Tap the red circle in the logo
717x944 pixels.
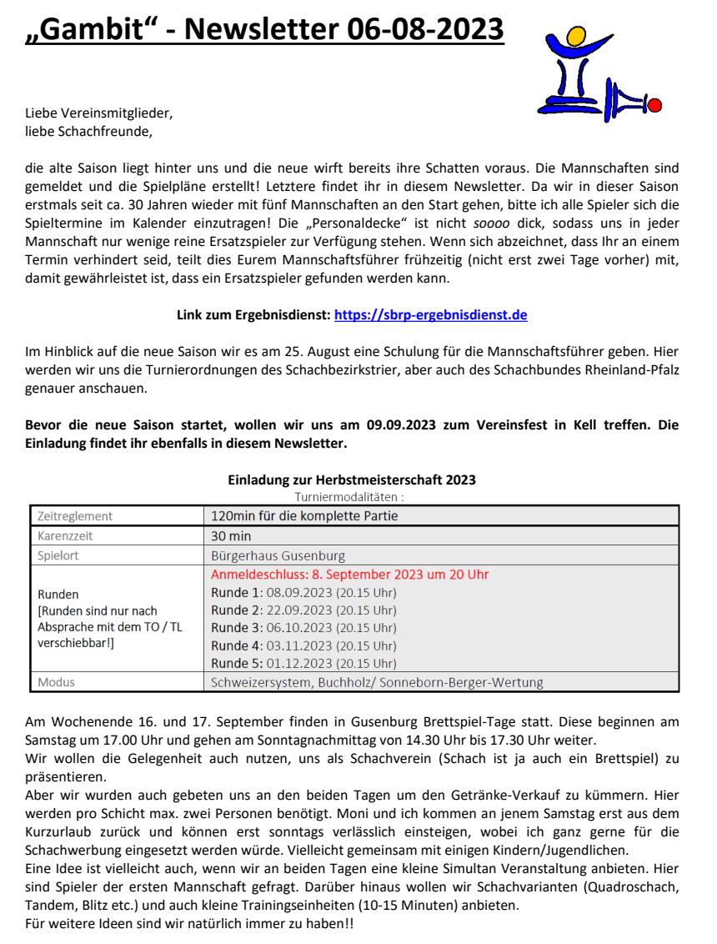pyautogui.click(x=654, y=105)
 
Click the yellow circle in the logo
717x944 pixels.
pyautogui.click(x=576, y=36)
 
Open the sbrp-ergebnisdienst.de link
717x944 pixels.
pyautogui.click(x=430, y=315)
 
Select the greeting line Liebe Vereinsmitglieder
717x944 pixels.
pyautogui.click(x=98, y=113)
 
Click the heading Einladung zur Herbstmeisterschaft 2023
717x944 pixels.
pyautogui.click(x=352, y=480)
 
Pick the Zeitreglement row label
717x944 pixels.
pyautogui.click(x=75, y=516)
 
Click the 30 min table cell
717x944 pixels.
pyautogui.click(x=231, y=536)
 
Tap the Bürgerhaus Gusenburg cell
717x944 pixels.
pyautogui.click(x=278, y=555)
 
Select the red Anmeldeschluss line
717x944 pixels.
pyautogui.click(x=349, y=575)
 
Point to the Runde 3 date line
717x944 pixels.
pyautogui.click(x=303, y=628)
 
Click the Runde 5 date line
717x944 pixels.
pyautogui.click(x=303, y=664)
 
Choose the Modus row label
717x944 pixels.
pyautogui.click(x=56, y=682)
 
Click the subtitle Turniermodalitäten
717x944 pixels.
pyautogui.click(x=350, y=496)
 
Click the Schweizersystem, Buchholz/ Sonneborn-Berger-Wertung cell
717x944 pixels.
pyautogui.click(x=377, y=682)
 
